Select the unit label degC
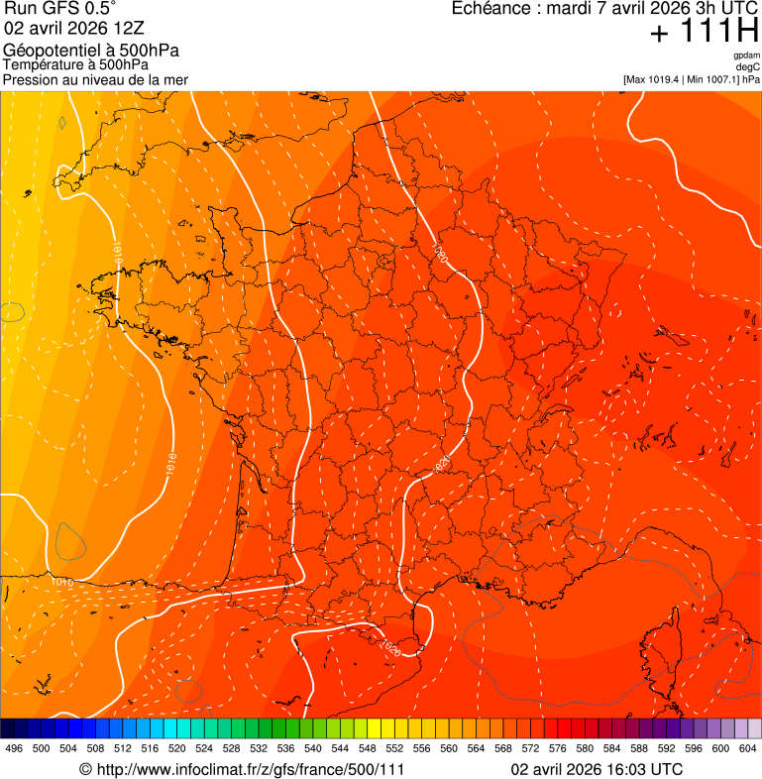tap(748, 66)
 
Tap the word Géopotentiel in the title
tap(49, 51)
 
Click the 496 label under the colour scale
tap(14, 748)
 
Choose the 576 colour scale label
tap(559, 748)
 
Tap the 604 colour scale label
tap(749, 748)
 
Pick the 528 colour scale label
tap(232, 748)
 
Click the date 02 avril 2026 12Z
tap(59, 28)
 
